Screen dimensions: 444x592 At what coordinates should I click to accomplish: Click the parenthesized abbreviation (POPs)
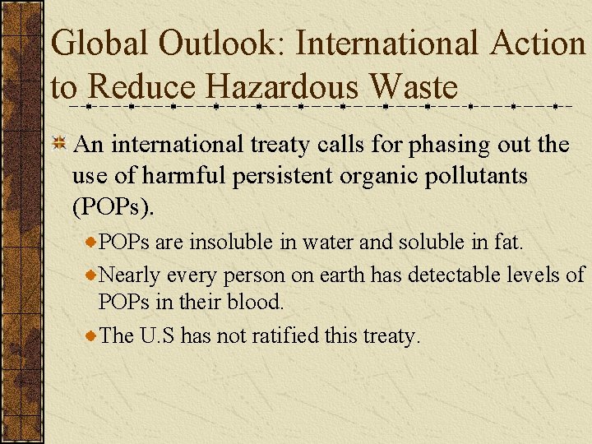point(113,207)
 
